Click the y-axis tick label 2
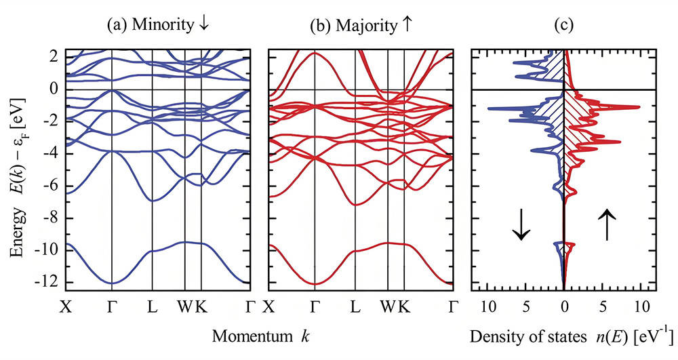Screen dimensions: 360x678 click(54, 58)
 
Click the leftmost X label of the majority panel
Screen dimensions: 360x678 click(269, 306)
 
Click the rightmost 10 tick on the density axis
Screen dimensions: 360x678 click(641, 306)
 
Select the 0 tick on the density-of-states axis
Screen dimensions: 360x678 click(564, 306)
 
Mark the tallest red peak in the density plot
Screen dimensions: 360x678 click(638, 107)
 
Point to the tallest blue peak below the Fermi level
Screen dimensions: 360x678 click(490, 108)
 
